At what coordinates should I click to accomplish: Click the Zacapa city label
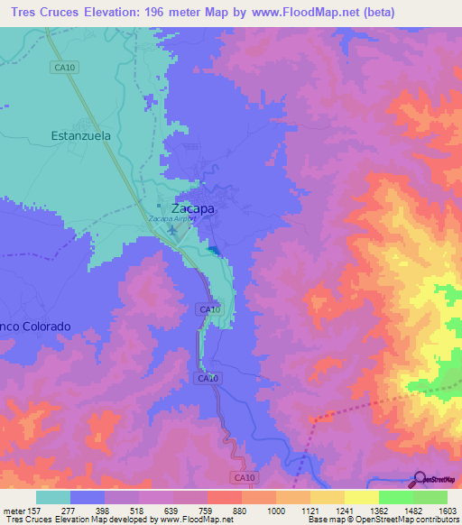193,207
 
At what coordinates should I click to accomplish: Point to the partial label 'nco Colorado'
35,326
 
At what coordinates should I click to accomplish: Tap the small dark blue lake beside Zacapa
212,249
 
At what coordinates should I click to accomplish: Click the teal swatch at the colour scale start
53,497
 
